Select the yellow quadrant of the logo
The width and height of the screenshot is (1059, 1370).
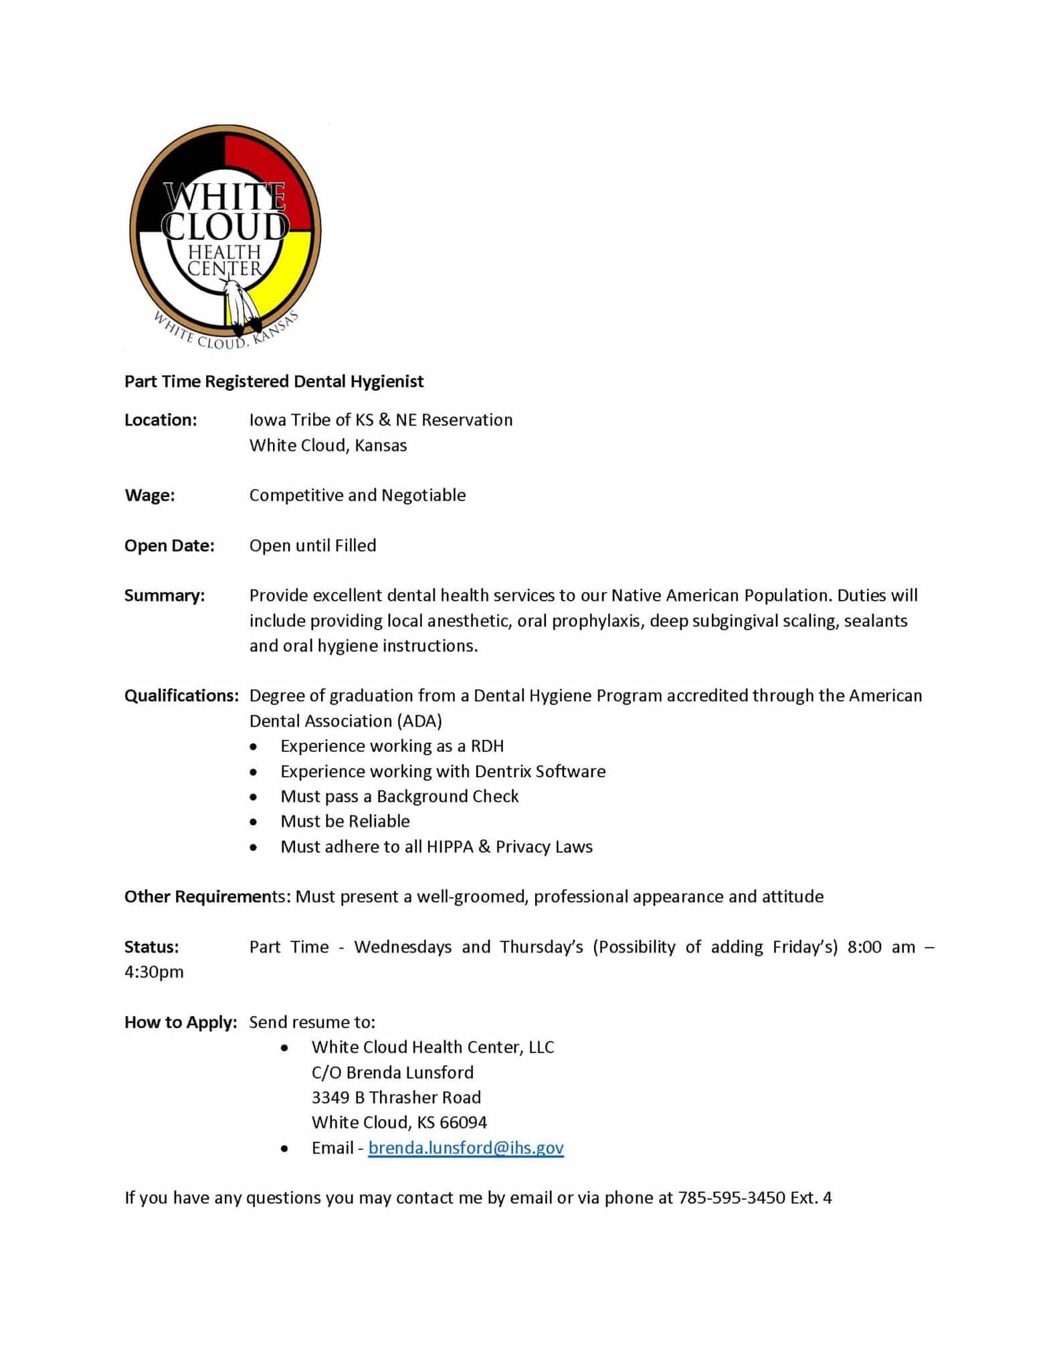pos(281,281)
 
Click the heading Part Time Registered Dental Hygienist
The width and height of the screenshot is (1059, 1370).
pos(274,381)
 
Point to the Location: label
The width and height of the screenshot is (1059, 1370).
pos(161,420)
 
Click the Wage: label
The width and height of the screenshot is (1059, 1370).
pos(149,495)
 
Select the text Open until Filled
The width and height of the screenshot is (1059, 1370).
pos(312,545)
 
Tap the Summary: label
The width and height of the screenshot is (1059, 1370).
pos(165,595)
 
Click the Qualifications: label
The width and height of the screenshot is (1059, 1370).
pos(181,696)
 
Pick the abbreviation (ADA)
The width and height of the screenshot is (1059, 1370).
pos(419,721)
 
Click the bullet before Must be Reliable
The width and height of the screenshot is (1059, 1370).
pos(253,822)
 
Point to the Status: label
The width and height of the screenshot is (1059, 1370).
pos(151,947)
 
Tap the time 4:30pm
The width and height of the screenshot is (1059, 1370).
pos(154,972)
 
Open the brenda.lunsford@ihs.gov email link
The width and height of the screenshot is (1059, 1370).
pos(466,1148)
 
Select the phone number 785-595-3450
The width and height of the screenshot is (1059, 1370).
pos(731,1198)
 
